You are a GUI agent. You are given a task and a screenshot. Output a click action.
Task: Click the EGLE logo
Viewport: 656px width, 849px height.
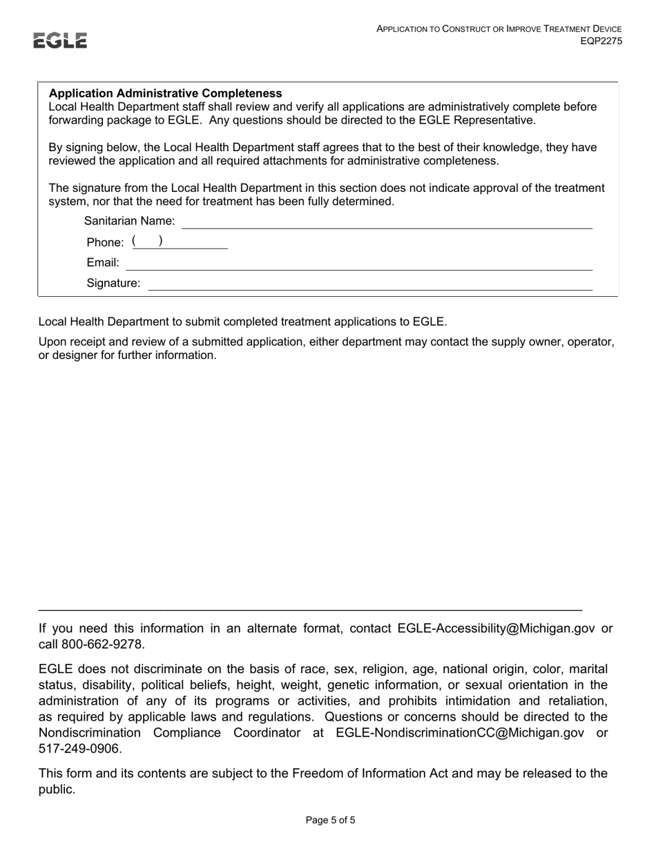pyautogui.click(x=61, y=41)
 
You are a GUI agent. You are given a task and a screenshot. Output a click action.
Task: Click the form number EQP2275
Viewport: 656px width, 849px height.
pyautogui.click(x=601, y=41)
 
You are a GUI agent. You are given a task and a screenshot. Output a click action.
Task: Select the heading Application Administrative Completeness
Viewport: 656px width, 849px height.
pyautogui.click(x=165, y=93)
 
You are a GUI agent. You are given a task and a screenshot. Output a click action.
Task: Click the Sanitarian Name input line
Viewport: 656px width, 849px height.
pyautogui.click(x=387, y=222)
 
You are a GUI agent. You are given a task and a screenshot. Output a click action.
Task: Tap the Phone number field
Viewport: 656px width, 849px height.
pyautogui.click(x=180, y=242)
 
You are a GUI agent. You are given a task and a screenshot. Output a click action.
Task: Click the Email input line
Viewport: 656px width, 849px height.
pyautogui.click(x=359, y=264)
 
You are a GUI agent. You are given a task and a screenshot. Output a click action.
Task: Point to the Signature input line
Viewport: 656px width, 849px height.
pyautogui.click(x=370, y=284)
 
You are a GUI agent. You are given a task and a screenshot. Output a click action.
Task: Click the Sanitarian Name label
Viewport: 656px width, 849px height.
pyautogui.click(x=129, y=222)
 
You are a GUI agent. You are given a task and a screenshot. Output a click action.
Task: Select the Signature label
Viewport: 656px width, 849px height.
pyautogui.click(x=113, y=284)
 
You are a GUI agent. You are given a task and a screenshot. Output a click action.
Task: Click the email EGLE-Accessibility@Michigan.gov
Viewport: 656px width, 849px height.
pyautogui.click(x=496, y=628)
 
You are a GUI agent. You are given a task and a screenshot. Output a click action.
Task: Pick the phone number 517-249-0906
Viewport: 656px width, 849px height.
pyautogui.click(x=80, y=748)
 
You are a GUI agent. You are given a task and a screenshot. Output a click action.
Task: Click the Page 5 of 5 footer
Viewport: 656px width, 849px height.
pyautogui.click(x=330, y=821)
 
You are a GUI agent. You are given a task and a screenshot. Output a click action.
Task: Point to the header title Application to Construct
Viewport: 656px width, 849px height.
pyautogui.click(x=499, y=29)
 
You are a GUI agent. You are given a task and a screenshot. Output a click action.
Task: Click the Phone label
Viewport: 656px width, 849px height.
pyautogui.click(x=105, y=242)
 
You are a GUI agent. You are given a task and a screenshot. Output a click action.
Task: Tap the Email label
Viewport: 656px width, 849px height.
pyautogui.click(x=103, y=263)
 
